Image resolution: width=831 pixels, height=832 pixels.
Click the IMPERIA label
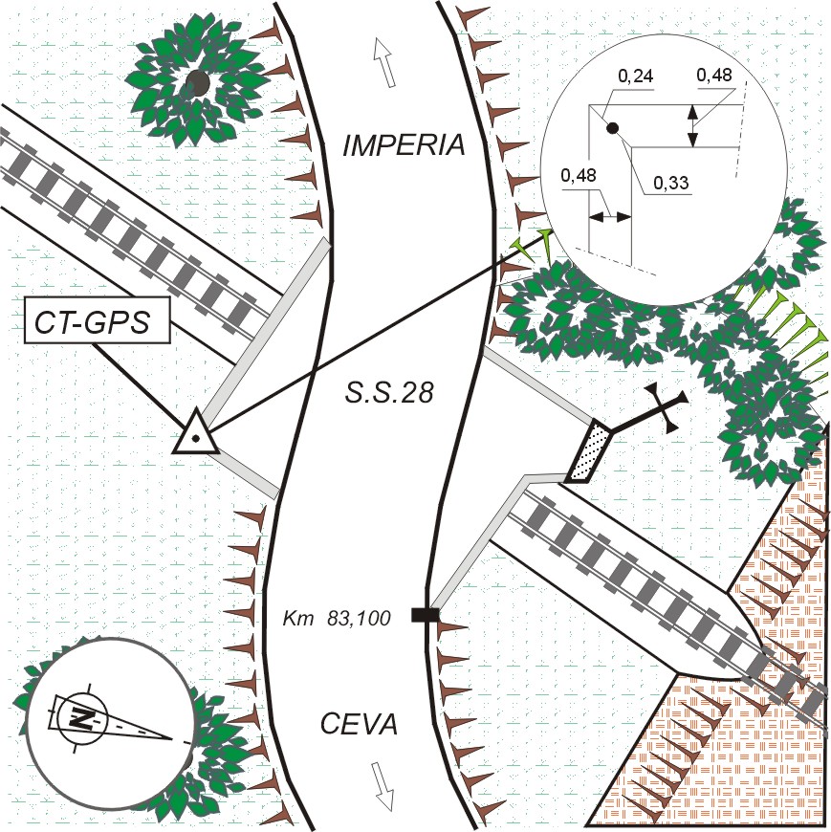(404, 145)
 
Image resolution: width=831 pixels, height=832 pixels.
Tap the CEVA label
(359, 724)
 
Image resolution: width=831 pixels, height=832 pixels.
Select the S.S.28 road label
(389, 393)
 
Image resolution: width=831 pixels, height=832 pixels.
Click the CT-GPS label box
(98, 320)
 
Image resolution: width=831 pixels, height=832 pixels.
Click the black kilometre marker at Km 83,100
(425, 615)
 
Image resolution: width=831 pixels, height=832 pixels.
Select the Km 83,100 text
(337, 618)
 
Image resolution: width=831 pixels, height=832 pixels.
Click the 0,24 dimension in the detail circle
(635, 77)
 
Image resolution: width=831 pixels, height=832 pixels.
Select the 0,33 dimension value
(670, 183)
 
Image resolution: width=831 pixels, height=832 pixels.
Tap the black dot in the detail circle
(613, 127)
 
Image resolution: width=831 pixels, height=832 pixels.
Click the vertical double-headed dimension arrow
(693, 125)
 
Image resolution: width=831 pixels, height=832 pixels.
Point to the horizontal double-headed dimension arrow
(610, 216)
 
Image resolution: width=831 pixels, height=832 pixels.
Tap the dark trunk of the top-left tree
(197, 83)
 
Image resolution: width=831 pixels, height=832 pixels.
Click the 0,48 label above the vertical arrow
(714, 75)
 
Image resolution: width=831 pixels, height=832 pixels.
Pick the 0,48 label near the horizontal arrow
(579, 175)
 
